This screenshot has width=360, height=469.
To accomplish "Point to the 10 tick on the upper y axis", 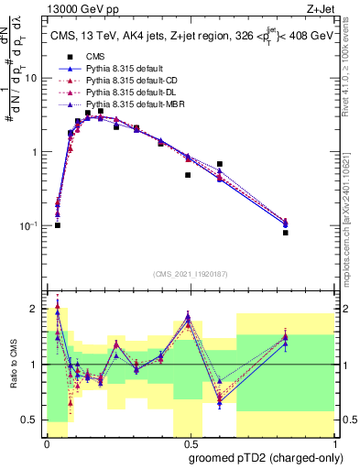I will pyautogui.click(x=32, y=79).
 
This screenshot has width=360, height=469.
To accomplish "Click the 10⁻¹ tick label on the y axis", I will pyautogui.click(x=30, y=225).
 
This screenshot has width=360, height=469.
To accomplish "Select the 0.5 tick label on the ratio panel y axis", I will pyautogui.click(x=30, y=420).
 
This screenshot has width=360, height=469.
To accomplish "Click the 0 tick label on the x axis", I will pyautogui.click(x=46, y=443).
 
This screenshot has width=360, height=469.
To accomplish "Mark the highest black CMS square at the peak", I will pyautogui.click(x=101, y=111).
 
